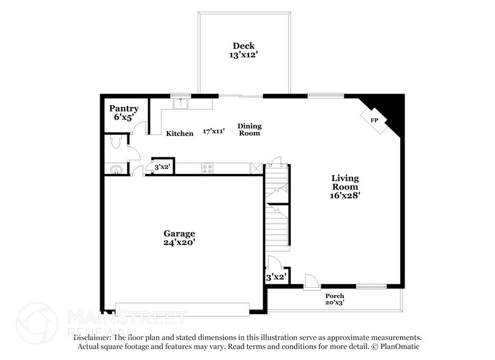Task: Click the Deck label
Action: (x=243, y=46)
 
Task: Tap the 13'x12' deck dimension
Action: (x=243, y=54)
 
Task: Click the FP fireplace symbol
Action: (x=374, y=120)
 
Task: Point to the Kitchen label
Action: (x=180, y=133)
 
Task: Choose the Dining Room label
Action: (x=249, y=129)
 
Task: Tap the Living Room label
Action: (x=345, y=182)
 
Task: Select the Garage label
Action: (x=179, y=233)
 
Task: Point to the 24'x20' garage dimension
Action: (x=179, y=242)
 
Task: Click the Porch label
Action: (x=335, y=296)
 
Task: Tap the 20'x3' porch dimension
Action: (x=335, y=303)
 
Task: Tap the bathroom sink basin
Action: (x=113, y=169)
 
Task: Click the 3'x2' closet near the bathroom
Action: (x=162, y=167)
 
